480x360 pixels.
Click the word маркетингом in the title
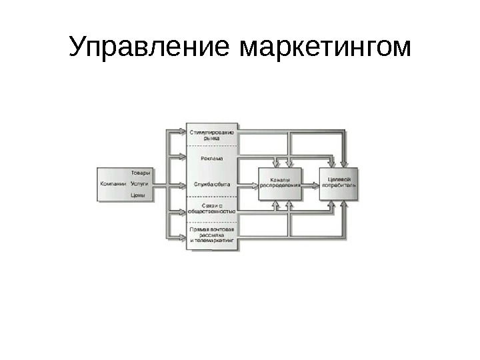324,47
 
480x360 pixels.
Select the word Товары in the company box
141,172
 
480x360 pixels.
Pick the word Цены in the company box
138,195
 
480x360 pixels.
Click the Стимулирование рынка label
211,135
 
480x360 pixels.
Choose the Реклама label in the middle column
211,159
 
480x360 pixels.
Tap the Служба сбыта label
211,183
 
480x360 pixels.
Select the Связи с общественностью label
211,208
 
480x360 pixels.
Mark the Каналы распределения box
280,183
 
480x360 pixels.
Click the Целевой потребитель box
339,183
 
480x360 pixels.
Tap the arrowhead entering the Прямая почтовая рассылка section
182,235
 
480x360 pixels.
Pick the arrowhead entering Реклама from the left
182,158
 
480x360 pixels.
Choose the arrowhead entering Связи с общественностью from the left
182,211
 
